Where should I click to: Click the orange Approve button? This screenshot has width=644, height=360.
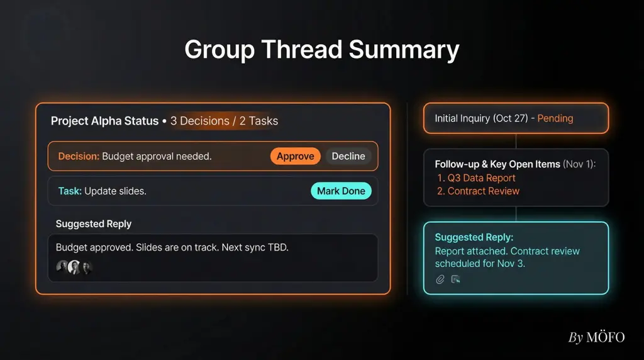click(x=296, y=156)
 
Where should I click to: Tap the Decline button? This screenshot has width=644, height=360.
click(x=348, y=156)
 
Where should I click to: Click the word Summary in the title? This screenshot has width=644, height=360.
click(x=404, y=50)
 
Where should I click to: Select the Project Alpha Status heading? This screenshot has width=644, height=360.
click(x=105, y=121)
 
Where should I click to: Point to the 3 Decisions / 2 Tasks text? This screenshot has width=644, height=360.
click(x=225, y=121)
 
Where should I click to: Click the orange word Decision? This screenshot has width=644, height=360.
click(x=79, y=156)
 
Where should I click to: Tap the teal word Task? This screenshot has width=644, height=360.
click(x=70, y=191)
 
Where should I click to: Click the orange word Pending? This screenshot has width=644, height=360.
click(x=555, y=118)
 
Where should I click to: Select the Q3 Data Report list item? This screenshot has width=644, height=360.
click(x=476, y=178)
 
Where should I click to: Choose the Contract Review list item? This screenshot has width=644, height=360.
click(x=478, y=191)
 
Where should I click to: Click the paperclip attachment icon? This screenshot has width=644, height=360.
click(x=440, y=279)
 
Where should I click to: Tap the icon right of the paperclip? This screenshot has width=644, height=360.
click(x=455, y=279)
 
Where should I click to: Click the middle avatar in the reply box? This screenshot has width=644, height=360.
click(x=74, y=267)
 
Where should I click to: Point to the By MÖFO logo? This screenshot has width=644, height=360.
click(x=596, y=337)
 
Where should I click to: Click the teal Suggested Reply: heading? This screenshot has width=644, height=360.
click(x=474, y=237)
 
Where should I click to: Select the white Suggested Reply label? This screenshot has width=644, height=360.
click(x=94, y=223)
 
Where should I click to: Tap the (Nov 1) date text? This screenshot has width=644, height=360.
click(x=579, y=164)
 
